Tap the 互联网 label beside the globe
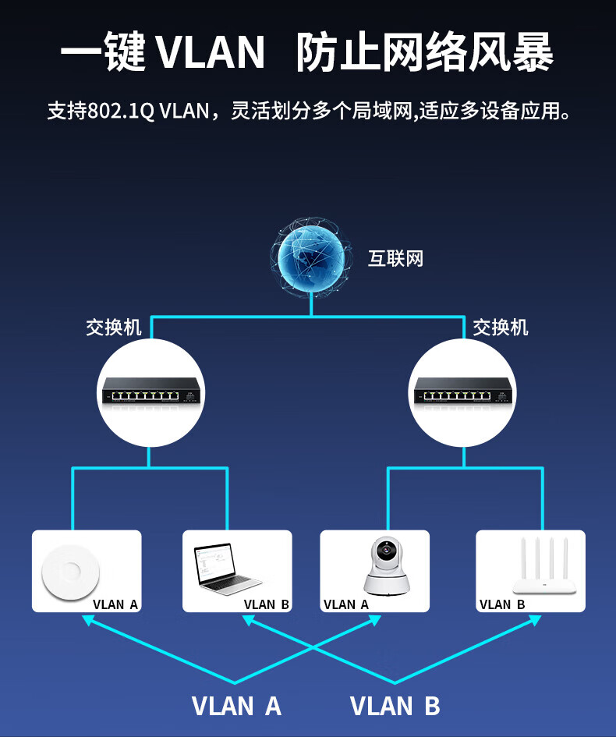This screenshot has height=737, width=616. point(395,259)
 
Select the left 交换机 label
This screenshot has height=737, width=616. point(114,327)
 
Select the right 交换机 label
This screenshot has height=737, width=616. point(501,327)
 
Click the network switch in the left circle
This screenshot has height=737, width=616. point(150,391)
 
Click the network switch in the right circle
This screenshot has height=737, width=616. point(463,391)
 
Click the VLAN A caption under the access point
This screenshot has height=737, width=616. point(115,604)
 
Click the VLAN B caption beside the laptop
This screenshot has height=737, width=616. point(267,604)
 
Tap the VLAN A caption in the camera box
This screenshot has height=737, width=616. point(346,604)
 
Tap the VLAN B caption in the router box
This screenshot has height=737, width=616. point(502,604)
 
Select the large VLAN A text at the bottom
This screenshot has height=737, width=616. point(236,706)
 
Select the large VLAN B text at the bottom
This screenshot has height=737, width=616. point(395,706)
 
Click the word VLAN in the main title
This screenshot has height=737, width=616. point(211,53)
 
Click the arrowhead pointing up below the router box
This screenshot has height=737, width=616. point(535,620)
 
